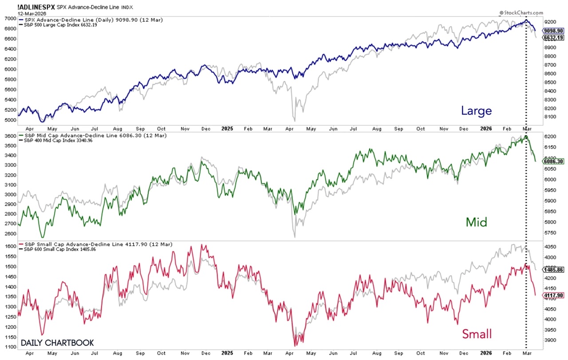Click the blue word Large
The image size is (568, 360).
[x=477, y=111]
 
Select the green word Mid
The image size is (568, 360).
[x=476, y=222]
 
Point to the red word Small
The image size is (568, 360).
[x=477, y=334]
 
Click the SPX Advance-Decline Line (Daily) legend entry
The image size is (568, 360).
[x=67, y=20]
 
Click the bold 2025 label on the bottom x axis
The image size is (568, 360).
[x=227, y=353]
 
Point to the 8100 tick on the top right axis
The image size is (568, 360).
[x=551, y=117]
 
